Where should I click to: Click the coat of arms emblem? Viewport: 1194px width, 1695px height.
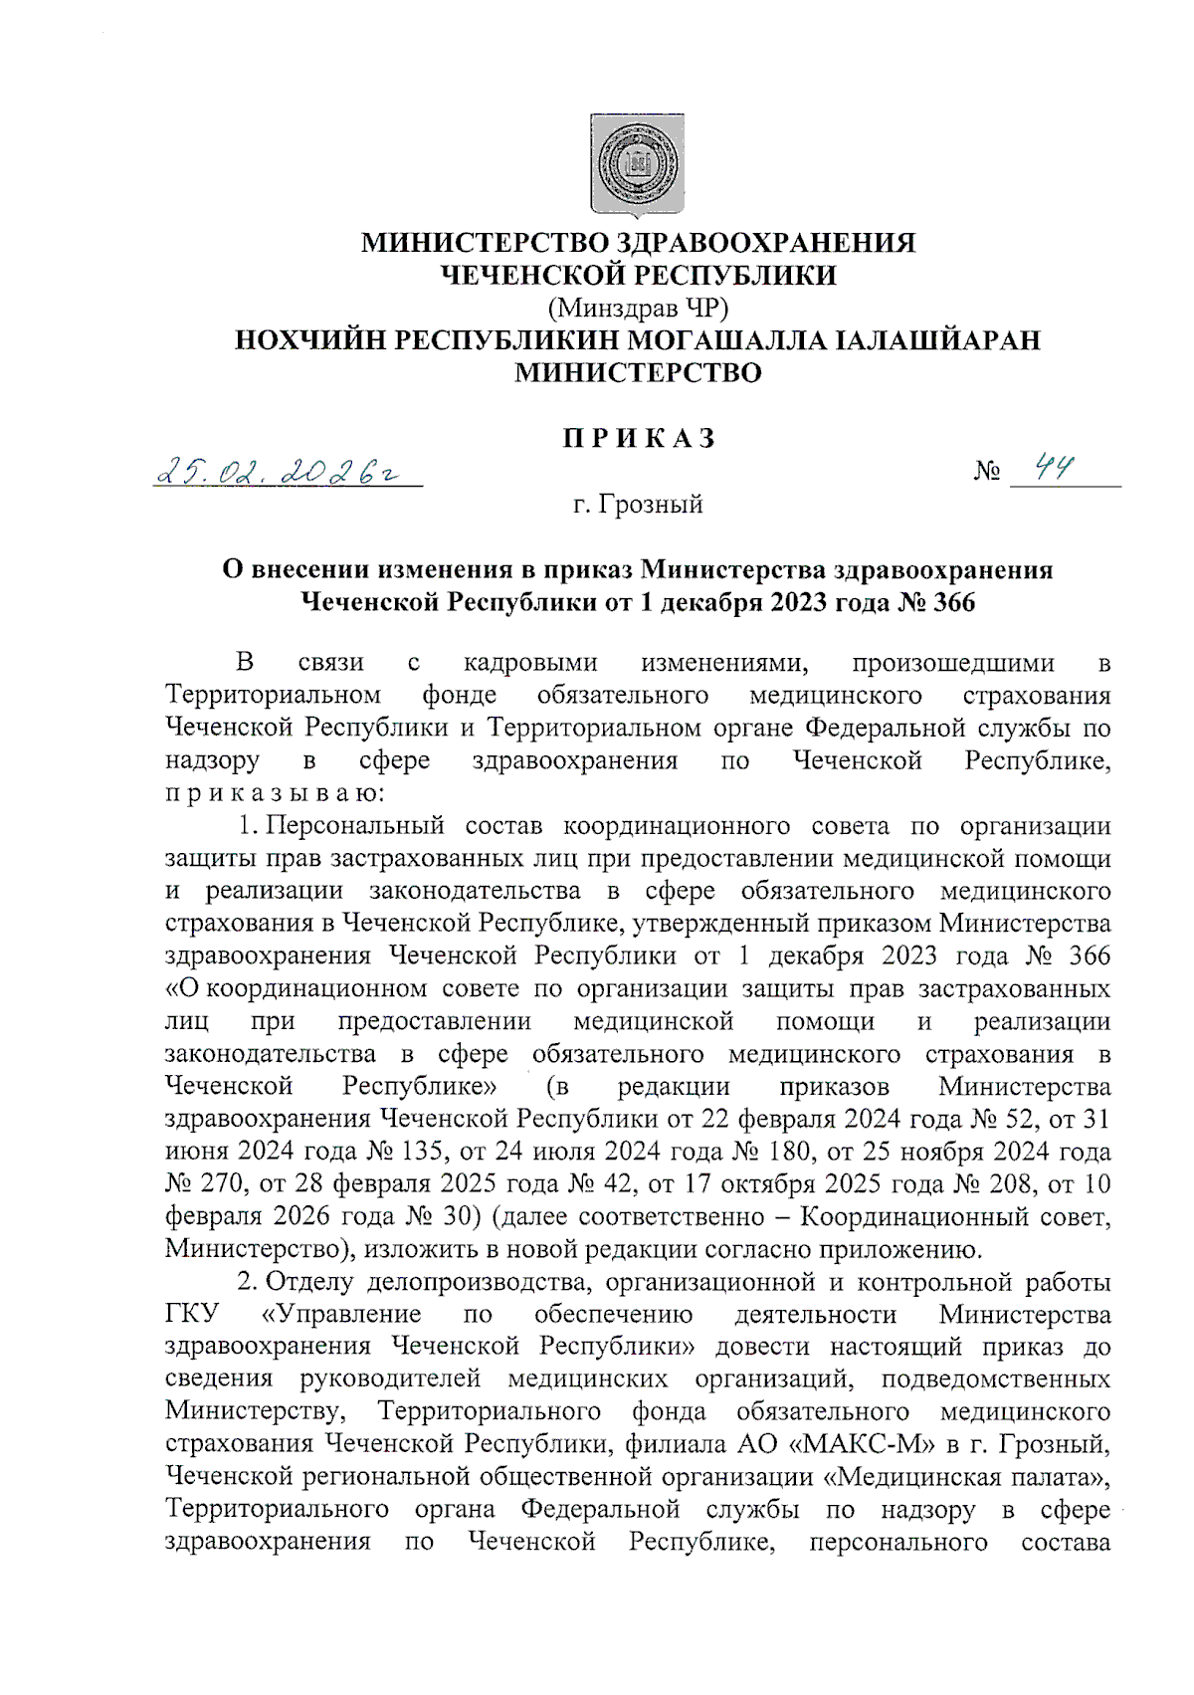coord(638,165)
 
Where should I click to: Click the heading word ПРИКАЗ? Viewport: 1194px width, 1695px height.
coord(639,439)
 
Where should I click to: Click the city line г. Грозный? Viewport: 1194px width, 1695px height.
coord(638,505)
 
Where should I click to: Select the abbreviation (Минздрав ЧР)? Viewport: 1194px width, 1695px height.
coord(638,308)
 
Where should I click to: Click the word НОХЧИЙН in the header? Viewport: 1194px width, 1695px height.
coord(309,340)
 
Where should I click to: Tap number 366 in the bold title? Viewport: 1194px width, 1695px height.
coord(953,602)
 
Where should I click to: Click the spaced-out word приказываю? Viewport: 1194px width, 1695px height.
coord(266,793)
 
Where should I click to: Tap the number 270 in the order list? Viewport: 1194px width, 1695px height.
coord(218,1184)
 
